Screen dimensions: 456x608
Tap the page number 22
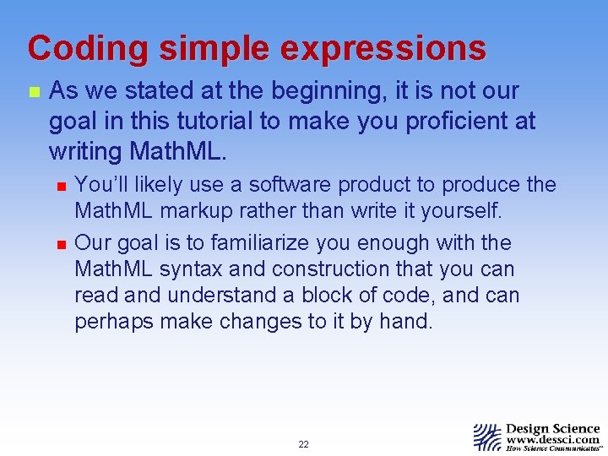pos(303,444)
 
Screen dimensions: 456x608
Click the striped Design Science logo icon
pos(487,437)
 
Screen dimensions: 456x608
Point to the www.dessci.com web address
pos(552,439)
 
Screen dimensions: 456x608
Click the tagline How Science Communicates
pos(553,449)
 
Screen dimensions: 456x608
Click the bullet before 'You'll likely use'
pos(58,185)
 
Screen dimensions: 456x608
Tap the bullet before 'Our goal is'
pos(58,243)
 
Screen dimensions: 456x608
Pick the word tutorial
pos(215,122)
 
